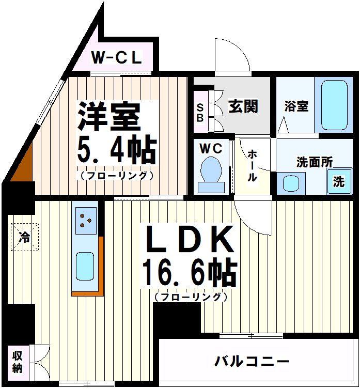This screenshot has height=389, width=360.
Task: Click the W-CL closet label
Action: click(x=117, y=58)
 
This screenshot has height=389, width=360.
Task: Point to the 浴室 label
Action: click(x=296, y=106)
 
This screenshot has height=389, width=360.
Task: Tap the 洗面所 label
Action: click(x=314, y=162)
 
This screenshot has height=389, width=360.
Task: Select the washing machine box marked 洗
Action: click(x=338, y=182)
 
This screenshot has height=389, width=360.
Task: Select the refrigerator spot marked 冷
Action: click(x=24, y=238)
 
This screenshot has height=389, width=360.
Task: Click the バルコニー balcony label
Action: click(x=252, y=361)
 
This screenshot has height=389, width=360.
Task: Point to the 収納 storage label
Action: click(x=18, y=362)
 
